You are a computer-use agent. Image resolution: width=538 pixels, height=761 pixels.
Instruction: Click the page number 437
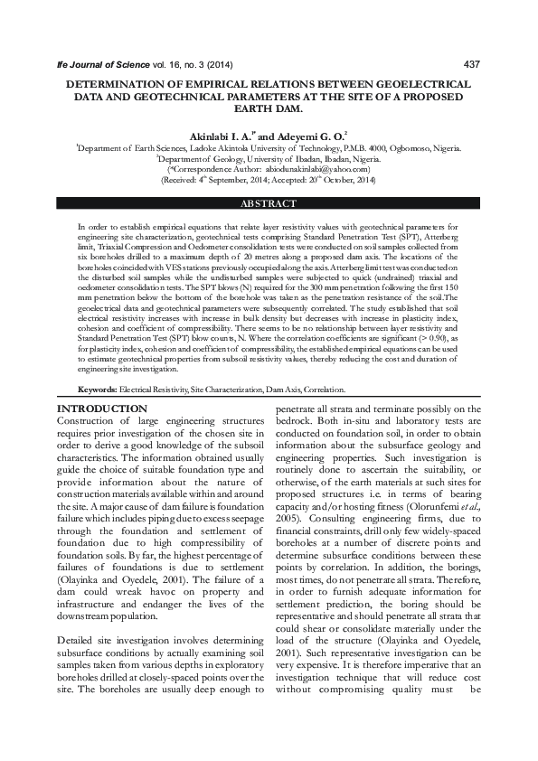(x=470, y=63)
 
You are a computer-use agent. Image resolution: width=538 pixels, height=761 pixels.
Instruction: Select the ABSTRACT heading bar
(x=268, y=204)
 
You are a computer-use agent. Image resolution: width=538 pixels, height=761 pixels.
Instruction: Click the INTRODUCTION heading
(x=101, y=409)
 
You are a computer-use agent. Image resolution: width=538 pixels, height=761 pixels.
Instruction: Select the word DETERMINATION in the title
(x=118, y=81)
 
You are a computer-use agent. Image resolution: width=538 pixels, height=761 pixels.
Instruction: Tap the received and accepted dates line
(x=268, y=179)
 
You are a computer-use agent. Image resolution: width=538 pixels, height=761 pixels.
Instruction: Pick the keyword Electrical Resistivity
(x=153, y=390)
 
